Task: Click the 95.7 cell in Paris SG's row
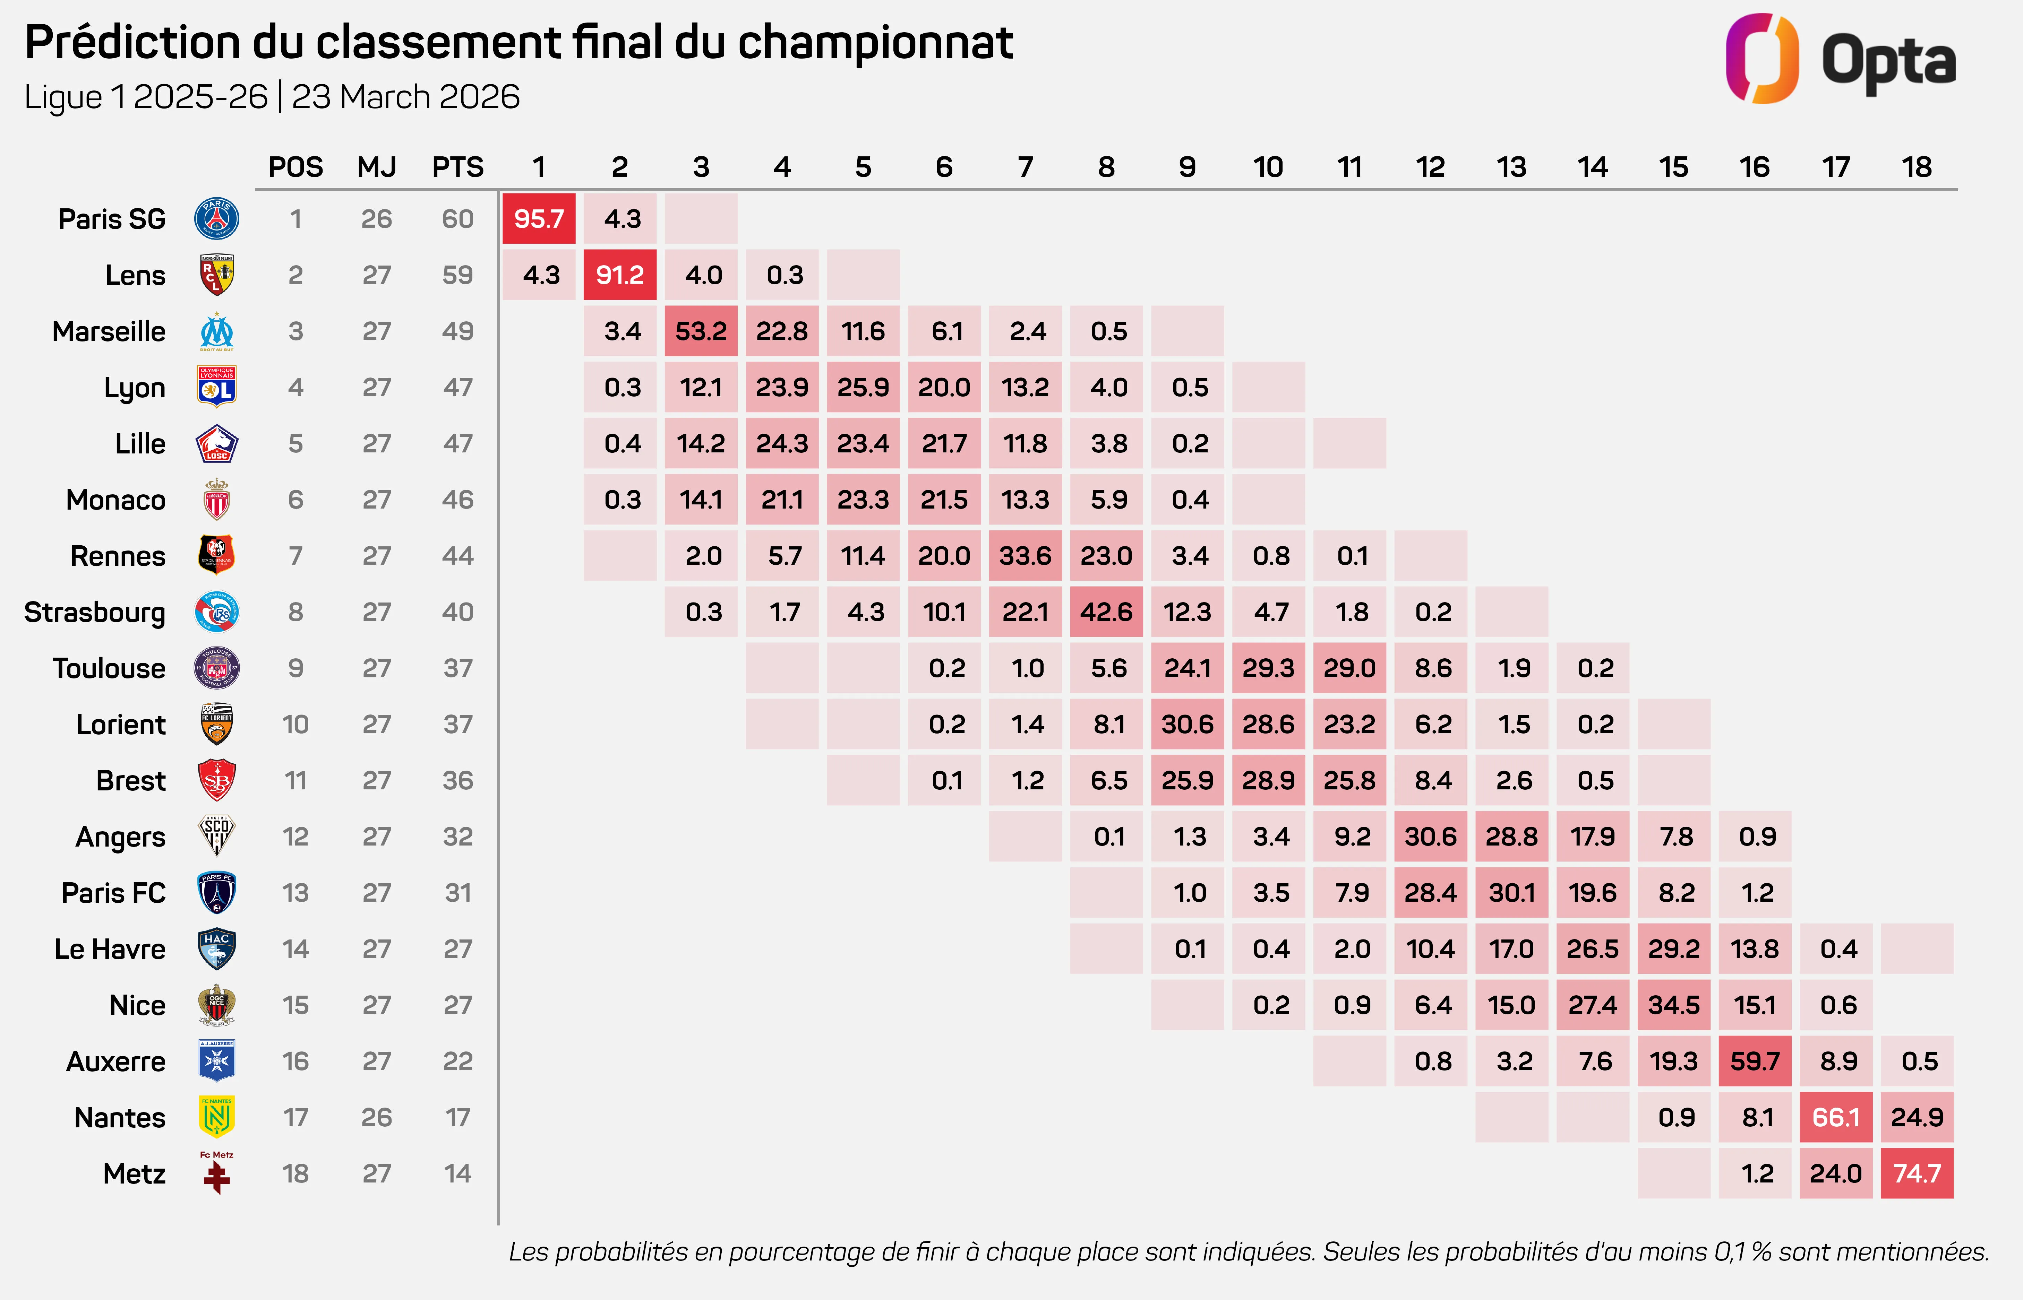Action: coord(539,219)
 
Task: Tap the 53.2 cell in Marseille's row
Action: coord(701,331)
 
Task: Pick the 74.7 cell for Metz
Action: coord(1917,1173)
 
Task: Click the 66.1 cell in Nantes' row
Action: coord(1836,1117)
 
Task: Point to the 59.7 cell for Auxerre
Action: coord(1755,1061)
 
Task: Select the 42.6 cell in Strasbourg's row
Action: coord(1106,612)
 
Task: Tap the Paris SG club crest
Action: coord(217,219)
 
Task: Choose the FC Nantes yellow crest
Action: coord(217,1117)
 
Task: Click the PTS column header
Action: coord(457,167)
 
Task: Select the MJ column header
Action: coord(377,167)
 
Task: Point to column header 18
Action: coord(1917,167)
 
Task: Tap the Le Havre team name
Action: coord(110,949)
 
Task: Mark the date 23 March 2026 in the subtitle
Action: coord(405,97)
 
